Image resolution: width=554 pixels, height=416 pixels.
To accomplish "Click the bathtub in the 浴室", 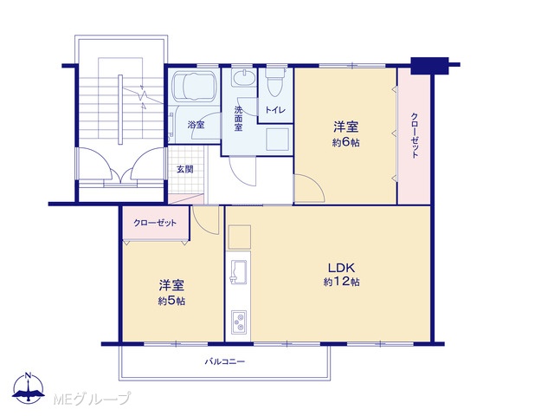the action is pyautogui.click(x=194, y=87).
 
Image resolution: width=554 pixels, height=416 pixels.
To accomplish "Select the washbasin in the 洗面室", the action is pyautogui.click(x=243, y=77).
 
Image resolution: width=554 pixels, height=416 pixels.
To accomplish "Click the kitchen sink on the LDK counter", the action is pyautogui.click(x=239, y=271).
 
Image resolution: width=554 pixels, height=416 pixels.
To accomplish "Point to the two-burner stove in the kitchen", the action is pyautogui.click(x=239, y=322).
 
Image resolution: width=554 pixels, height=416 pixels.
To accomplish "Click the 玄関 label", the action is pyautogui.click(x=185, y=170).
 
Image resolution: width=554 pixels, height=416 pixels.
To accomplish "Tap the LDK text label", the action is pyautogui.click(x=341, y=268).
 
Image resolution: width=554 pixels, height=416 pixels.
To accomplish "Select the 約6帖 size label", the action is pyautogui.click(x=346, y=142).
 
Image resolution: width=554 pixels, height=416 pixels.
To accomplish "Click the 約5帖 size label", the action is pyautogui.click(x=171, y=301).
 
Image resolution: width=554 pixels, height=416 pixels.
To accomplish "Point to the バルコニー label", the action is pyautogui.click(x=225, y=361).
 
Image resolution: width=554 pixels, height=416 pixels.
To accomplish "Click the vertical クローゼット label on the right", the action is pyautogui.click(x=415, y=135).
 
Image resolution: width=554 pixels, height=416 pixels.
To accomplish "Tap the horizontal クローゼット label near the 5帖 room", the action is pyautogui.click(x=155, y=223).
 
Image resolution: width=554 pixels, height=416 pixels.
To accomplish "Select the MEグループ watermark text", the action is pyautogui.click(x=92, y=399).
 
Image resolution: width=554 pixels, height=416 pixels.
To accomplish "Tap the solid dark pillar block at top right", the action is pyautogui.click(x=429, y=66).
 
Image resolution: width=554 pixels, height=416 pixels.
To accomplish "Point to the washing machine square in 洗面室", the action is pyautogui.click(x=278, y=140).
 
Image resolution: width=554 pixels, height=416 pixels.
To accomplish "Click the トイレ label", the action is pyautogui.click(x=275, y=110).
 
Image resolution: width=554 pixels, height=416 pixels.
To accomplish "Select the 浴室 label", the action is pyautogui.click(x=196, y=125).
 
